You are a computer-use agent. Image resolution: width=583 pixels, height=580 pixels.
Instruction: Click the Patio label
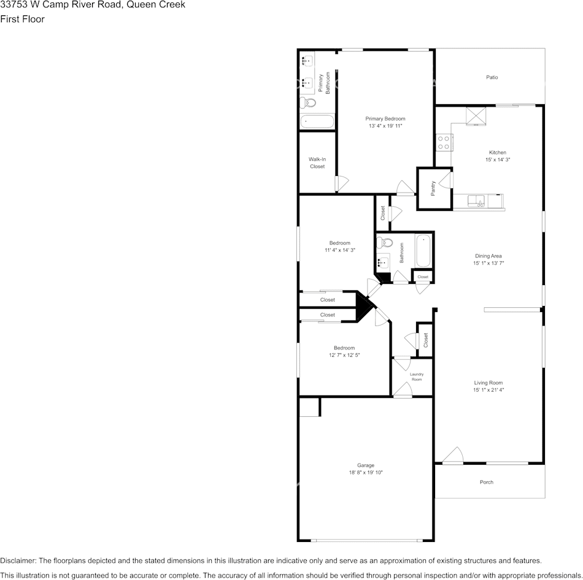click(492, 78)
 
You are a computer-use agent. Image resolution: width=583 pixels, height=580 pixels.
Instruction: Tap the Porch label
click(486, 483)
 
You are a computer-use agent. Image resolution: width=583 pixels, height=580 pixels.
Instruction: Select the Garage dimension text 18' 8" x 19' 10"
click(366, 473)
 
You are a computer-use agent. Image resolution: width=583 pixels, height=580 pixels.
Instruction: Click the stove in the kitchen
click(444, 143)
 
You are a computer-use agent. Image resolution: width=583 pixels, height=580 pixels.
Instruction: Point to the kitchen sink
click(476, 200)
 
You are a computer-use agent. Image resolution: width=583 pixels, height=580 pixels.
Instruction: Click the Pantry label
click(433, 188)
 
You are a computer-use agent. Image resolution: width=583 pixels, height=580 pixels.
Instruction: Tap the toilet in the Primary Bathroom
click(307, 102)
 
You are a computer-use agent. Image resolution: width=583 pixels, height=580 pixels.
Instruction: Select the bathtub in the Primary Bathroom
click(317, 121)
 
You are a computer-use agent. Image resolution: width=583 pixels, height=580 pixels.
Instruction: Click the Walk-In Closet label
click(317, 163)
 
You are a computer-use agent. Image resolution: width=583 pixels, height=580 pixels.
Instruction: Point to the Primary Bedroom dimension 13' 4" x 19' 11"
click(385, 126)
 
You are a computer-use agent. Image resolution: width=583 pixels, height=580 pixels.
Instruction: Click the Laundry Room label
click(417, 377)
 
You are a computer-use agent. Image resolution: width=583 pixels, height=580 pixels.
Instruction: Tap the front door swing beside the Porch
click(453, 456)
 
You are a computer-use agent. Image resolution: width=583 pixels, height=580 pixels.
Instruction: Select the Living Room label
click(488, 383)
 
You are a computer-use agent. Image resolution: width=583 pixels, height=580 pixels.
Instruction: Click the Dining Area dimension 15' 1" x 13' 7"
click(488, 263)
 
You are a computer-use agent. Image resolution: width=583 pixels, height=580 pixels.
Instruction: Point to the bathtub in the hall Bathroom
click(423, 251)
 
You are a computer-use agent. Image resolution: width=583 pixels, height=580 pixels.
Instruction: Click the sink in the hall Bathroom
click(383, 262)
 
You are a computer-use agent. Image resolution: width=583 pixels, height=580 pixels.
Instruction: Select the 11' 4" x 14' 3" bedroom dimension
click(340, 250)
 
